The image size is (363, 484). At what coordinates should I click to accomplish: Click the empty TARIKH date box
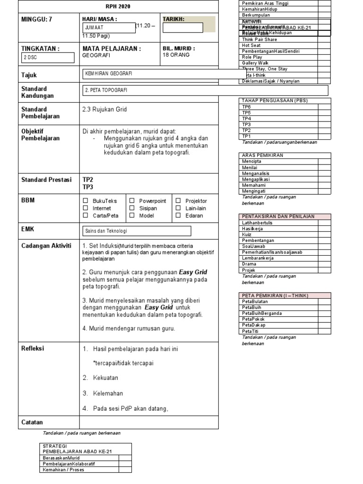point(183,28)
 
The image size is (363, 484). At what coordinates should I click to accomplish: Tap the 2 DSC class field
point(48,58)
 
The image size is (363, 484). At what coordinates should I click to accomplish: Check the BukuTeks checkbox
point(86,201)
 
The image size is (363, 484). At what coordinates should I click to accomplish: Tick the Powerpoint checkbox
point(132,201)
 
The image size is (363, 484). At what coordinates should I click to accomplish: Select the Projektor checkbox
point(178,201)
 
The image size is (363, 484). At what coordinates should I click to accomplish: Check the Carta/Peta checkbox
point(86,216)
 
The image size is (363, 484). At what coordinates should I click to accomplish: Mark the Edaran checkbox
point(178,216)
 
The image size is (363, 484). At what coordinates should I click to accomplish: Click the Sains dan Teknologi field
point(137,231)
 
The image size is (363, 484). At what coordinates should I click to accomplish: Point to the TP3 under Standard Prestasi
point(88,187)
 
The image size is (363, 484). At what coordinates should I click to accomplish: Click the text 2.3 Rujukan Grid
point(104,109)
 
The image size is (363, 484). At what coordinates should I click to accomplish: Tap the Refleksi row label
point(33,348)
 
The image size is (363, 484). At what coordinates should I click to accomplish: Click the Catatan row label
point(32,422)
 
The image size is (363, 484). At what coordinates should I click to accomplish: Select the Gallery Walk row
point(255,63)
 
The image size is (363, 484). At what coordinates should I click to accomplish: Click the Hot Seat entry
point(251,45)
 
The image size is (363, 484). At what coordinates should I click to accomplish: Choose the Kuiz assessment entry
point(247,234)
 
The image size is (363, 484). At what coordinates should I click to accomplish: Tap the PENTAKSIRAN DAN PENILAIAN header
point(278,216)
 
